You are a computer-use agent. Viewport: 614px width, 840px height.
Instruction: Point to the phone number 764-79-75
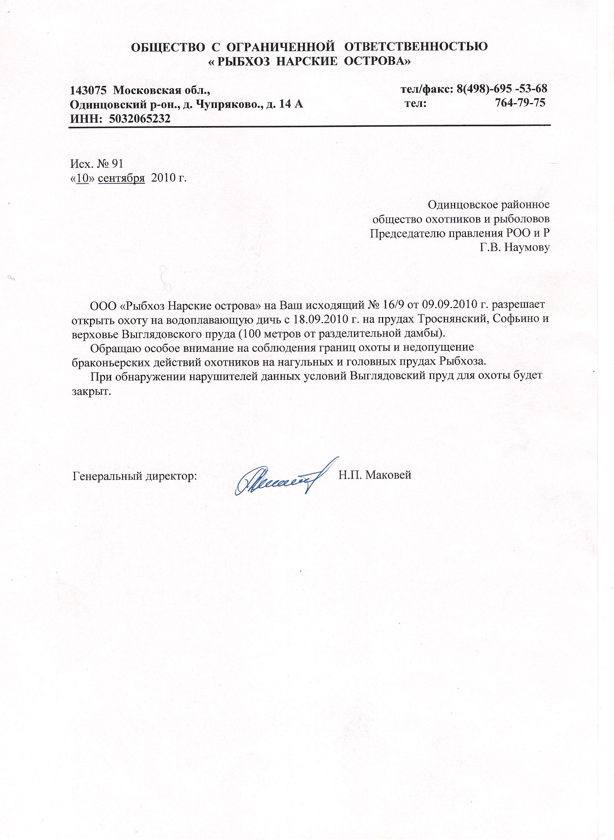(x=520, y=103)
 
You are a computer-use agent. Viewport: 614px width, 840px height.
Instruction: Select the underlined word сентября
(x=121, y=178)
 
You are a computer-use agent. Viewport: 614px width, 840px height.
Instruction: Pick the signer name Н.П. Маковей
(x=375, y=475)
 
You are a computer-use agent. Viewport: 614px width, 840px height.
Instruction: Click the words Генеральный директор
(x=135, y=476)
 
